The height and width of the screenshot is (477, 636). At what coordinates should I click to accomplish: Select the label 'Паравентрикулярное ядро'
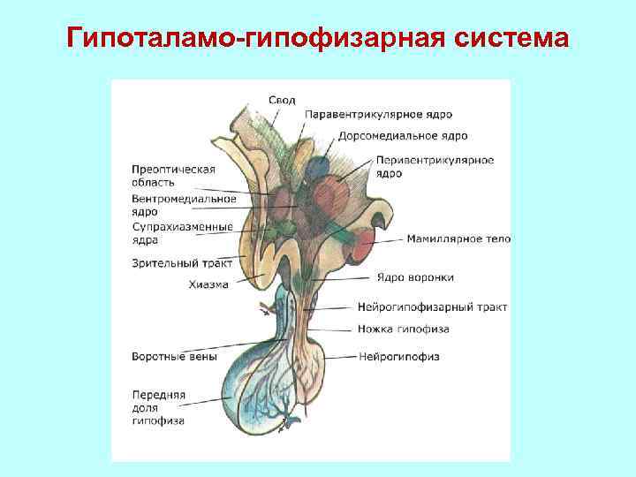click(x=378, y=115)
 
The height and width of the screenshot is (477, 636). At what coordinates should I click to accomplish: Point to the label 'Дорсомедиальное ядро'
click(x=403, y=136)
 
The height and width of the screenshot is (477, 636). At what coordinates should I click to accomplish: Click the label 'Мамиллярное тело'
click(x=458, y=238)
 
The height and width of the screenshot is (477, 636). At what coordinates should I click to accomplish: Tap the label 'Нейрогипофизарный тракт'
click(x=433, y=307)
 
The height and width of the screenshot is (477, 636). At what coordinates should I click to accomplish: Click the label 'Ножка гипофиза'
click(x=404, y=329)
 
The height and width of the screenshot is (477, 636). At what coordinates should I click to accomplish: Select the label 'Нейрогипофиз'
click(x=399, y=357)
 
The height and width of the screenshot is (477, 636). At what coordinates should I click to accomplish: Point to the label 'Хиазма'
click(x=208, y=284)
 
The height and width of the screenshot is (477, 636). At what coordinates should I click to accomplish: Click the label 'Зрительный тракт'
click(x=181, y=263)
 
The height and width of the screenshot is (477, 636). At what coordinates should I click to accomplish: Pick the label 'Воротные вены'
click(x=170, y=358)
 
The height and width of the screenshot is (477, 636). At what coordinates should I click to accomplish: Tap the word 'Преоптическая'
click(x=173, y=169)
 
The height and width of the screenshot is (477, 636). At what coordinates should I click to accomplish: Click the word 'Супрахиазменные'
click(x=182, y=227)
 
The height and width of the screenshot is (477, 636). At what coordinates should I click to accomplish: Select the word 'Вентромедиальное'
click(x=184, y=198)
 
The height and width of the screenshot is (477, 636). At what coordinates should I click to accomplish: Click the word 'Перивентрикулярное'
click(x=435, y=160)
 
